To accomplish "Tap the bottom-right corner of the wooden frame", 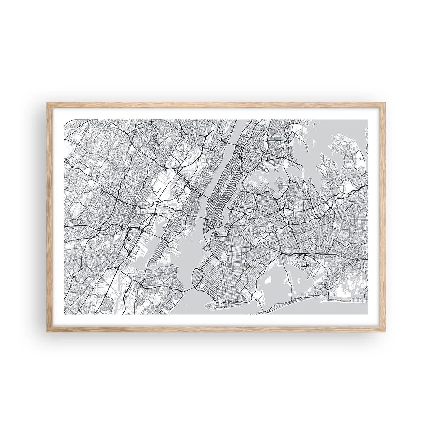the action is click(x=384, y=329).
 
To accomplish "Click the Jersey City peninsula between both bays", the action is click(x=169, y=234).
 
